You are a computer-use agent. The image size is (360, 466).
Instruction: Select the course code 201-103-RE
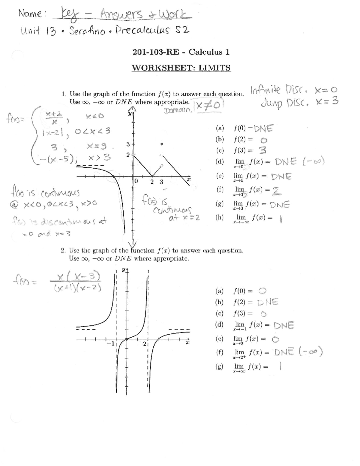156,52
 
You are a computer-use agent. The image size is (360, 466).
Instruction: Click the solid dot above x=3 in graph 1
162,144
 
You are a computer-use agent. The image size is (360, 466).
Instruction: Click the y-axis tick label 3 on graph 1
128,144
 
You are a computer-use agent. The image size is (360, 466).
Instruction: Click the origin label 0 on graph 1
136,181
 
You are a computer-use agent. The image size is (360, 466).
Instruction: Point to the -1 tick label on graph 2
110,344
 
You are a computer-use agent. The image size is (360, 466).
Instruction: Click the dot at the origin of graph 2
127,339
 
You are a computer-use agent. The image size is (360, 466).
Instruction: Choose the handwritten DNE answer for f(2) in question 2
268,302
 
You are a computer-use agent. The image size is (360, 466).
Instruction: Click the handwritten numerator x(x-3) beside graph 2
78,277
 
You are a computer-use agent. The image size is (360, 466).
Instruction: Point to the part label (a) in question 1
220,128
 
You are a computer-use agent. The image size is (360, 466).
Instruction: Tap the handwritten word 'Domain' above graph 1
178,110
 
